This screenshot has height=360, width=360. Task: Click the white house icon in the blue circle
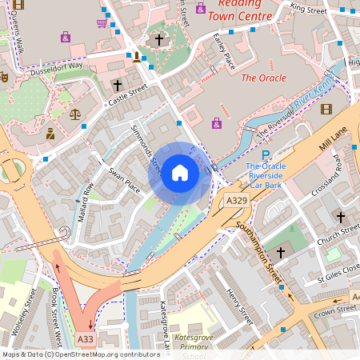[x=180, y=172]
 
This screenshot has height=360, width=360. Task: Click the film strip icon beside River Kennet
[x=326, y=109]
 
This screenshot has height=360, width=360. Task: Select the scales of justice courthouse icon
[x=75, y=114]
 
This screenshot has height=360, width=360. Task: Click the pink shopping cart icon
[x=102, y=23]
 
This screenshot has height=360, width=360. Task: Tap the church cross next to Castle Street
[x=118, y=84]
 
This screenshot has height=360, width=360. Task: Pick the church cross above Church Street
[x=340, y=217]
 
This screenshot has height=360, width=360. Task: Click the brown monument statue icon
[x=137, y=56]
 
